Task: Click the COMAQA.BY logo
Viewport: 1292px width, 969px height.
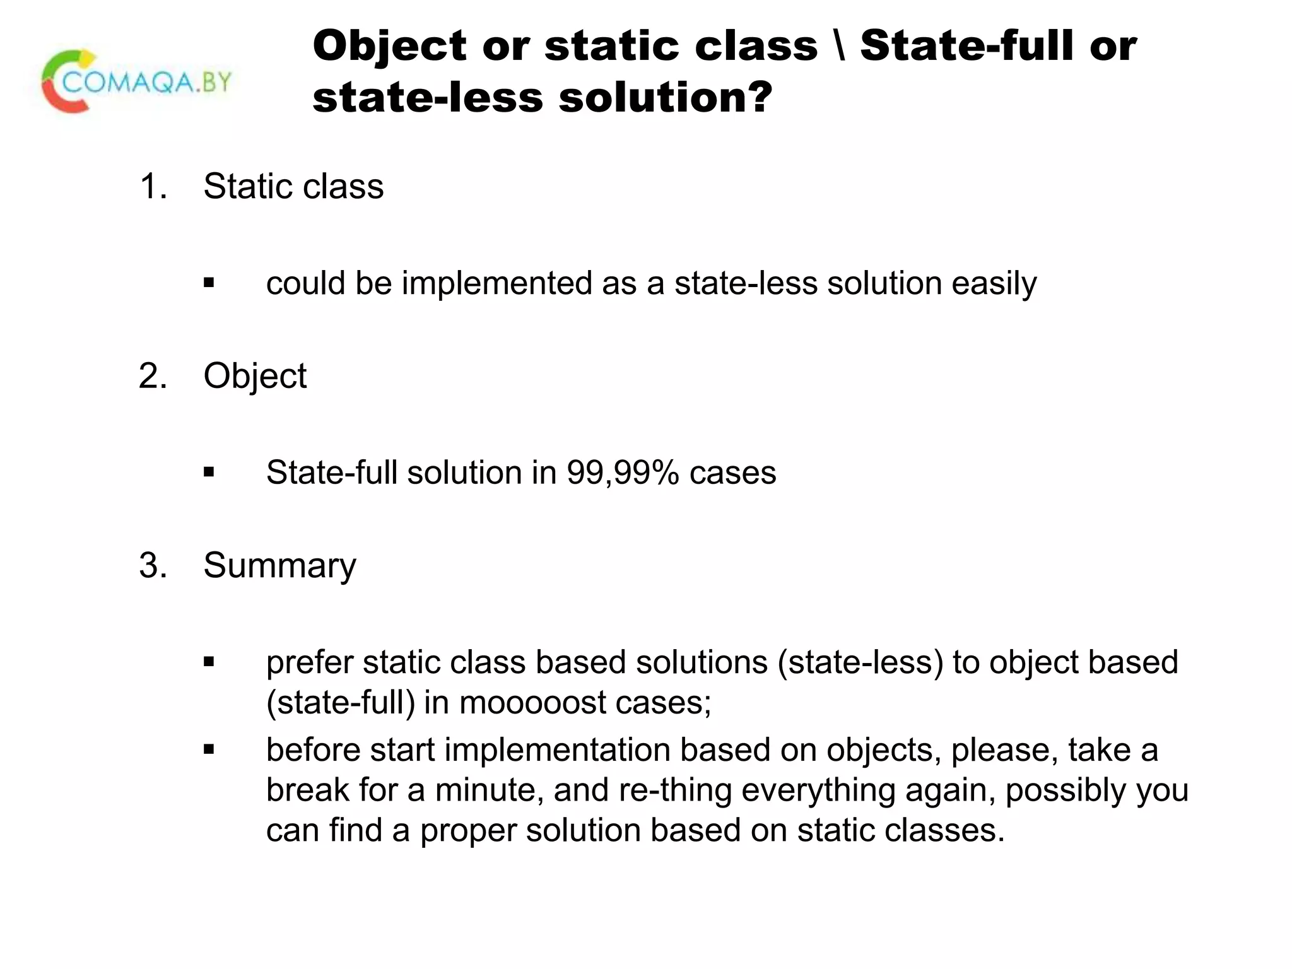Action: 136,82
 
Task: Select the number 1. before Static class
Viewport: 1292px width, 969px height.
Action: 153,187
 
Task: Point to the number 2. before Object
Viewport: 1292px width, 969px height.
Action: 153,376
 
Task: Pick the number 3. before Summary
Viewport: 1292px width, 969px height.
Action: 153,565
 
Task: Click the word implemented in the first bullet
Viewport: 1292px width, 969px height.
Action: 496,283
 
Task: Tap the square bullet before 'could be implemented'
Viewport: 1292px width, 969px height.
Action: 209,283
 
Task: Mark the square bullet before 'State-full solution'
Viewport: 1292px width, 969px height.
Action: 209,473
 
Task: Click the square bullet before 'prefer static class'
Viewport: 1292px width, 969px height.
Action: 209,662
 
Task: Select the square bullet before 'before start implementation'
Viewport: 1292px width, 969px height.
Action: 209,749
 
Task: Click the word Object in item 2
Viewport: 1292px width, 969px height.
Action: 255,377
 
